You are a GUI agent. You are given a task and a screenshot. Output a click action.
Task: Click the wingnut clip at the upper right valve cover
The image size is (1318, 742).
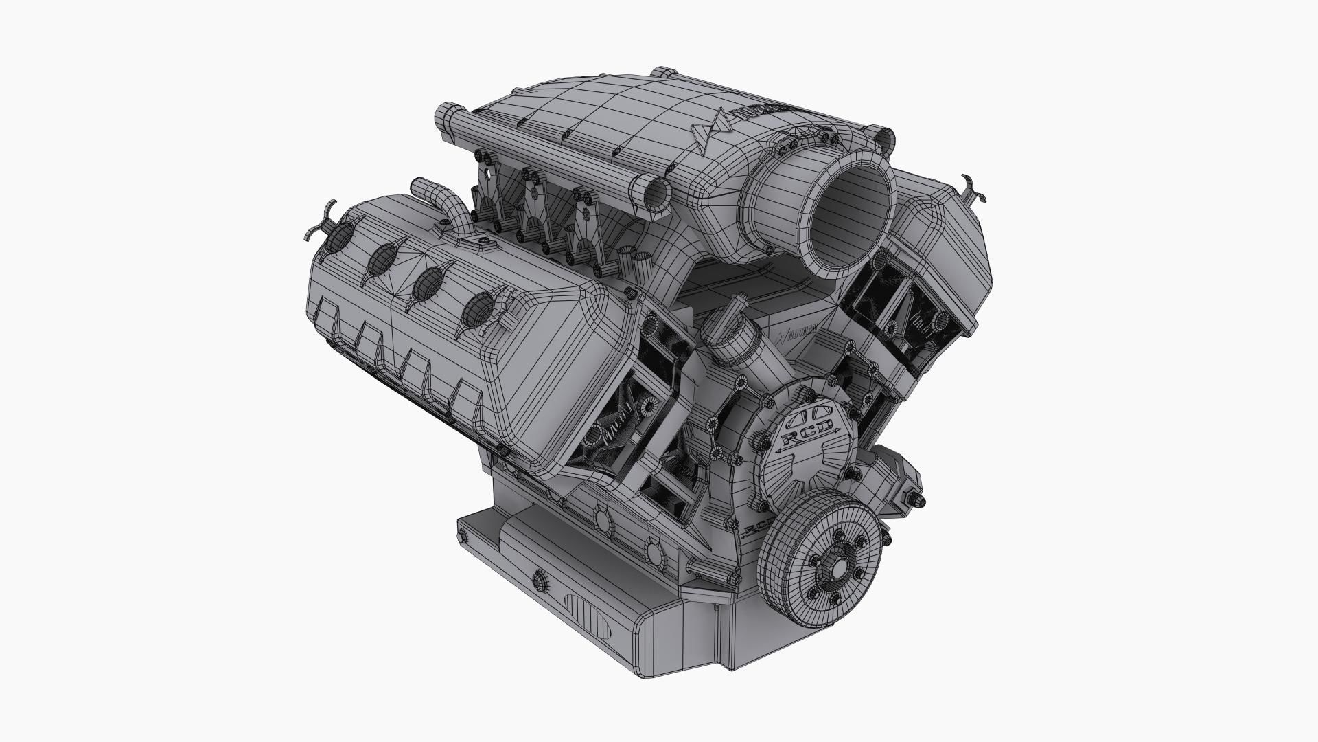(x=973, y=188)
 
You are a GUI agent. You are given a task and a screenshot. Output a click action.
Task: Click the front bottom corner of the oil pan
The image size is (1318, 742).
(x=721, y=670)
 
